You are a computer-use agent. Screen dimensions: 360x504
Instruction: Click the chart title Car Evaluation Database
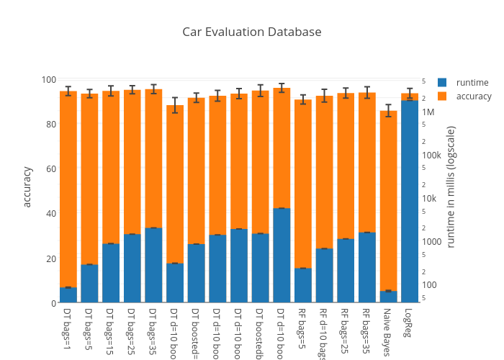click(251, 32)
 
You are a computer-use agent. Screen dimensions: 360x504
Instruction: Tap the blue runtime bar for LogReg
click(410, 202)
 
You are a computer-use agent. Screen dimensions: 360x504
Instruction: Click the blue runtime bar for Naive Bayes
click(388, 297)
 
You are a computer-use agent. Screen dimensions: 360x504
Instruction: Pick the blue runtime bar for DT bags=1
click(68, 295)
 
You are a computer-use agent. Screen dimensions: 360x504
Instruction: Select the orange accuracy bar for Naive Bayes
click(388, 202)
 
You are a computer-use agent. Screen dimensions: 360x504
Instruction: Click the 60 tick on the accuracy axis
click(52, 169)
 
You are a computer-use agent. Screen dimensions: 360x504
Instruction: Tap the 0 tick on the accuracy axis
click(54, 303)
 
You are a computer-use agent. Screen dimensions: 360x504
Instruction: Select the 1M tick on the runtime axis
click(428, 112)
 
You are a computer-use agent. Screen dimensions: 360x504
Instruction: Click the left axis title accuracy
click(27, 186)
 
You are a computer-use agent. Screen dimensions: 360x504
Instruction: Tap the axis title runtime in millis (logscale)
click(451, 186)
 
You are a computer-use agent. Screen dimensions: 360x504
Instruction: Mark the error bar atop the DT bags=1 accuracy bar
click(68, 91)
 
